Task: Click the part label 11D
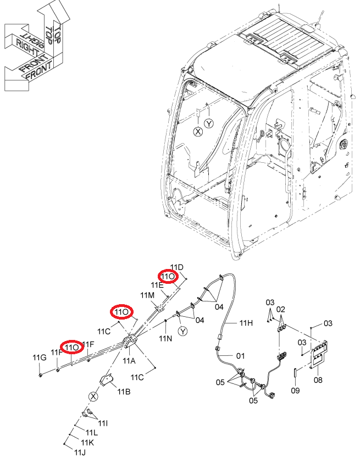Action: [x=177, y=267]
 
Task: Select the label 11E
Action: [x=157, y=285]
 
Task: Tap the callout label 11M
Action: [x=147, y=295]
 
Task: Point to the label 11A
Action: [x=129, y=361]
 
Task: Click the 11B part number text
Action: [x=124, y=391]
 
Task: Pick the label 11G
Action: [x=40, y=358]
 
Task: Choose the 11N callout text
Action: [x=165, y=338]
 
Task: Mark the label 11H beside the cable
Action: [x=246, y=323]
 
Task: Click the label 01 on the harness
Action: [x=240, y=355]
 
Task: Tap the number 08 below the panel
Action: [x=318, y=380]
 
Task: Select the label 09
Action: [x=295, y=390]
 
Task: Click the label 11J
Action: [x=80, y=452]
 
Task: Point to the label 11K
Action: [x=87, y=443]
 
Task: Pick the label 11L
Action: [x=92, y=432]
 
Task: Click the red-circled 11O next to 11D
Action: [x=168, y=277]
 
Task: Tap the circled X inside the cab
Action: [x=198, y=131]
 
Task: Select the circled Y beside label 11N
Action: [x=182, y=331]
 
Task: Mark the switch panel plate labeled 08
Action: [x=319, y=354]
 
